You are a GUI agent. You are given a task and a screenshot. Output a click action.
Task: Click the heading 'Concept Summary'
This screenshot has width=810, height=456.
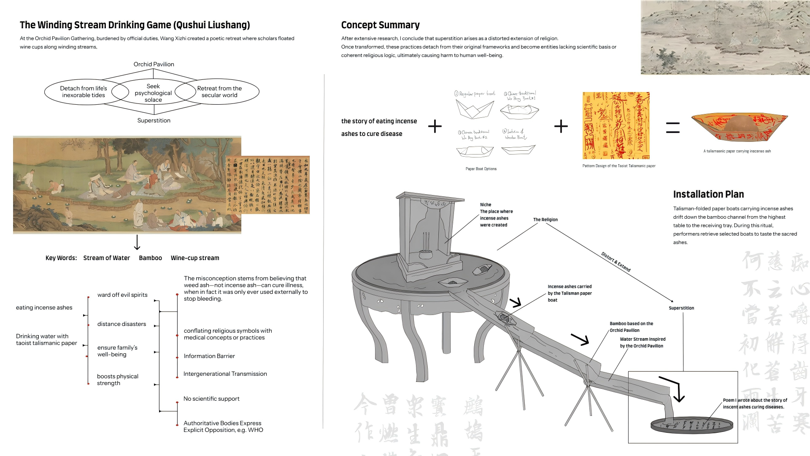380,25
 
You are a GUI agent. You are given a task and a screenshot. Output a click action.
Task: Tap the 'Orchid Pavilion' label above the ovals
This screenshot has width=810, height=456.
154,64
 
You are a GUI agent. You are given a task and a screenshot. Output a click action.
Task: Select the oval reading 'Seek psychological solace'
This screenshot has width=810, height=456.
153,93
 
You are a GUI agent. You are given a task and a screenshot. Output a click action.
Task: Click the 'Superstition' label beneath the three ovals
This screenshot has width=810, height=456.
154,120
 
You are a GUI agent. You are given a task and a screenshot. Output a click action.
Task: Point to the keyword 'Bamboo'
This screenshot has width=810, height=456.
150,258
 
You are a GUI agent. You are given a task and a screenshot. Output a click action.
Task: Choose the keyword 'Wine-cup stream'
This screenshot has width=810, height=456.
195,258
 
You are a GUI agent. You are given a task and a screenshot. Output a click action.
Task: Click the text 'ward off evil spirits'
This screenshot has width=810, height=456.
122,295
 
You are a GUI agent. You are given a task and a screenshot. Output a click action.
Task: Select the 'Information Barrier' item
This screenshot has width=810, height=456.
209,356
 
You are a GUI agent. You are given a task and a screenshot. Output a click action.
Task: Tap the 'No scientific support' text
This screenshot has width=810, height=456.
211,399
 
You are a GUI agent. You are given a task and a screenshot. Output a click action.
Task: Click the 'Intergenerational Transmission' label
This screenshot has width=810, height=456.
225,374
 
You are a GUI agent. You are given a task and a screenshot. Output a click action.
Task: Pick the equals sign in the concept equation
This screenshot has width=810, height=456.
672,127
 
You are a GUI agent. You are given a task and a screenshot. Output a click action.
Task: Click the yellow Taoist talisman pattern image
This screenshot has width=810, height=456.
616,125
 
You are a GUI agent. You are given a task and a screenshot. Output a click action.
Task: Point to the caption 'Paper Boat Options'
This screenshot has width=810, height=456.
481,169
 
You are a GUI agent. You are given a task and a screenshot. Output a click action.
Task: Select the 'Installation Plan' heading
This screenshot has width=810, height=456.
708,194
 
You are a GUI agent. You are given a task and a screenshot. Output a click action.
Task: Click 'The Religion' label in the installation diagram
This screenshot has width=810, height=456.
545,220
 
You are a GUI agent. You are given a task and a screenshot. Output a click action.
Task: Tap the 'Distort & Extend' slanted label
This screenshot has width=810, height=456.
616,262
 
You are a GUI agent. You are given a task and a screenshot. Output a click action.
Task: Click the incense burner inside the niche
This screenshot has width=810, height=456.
426,254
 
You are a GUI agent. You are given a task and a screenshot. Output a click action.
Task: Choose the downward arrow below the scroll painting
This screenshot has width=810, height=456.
137,242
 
